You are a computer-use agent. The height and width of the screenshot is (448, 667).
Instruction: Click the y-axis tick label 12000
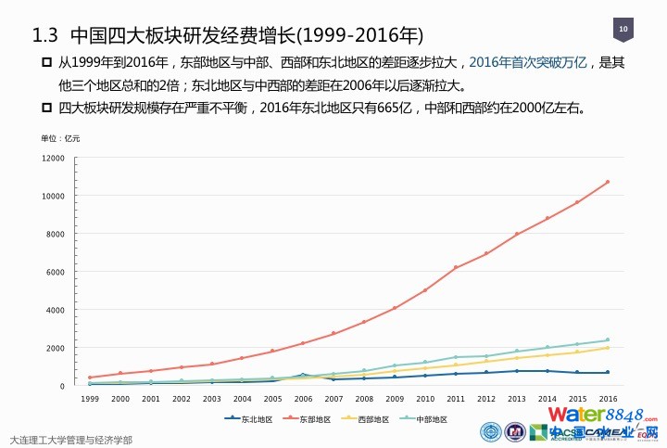tap(53, 159)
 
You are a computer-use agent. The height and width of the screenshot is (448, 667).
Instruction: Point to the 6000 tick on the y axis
tap(56, 273)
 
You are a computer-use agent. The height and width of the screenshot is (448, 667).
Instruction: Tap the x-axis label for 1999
tap(90, 398)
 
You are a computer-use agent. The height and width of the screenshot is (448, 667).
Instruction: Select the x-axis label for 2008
tap(364, 398)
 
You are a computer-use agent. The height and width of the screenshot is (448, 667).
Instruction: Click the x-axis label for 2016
tap(608, 398)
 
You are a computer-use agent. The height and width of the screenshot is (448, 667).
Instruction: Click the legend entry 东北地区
tap(250, 419)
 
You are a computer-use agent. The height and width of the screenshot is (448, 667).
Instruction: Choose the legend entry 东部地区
tap(309, 419)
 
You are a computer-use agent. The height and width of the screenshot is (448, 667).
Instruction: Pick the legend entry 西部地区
tap(370, 419)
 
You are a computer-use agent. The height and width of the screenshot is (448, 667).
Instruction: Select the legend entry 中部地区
tap(429, 419)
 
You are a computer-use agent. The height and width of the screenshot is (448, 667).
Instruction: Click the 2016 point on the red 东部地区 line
tap(608, 182)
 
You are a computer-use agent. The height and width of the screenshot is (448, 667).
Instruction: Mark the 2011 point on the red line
tap(455, 267)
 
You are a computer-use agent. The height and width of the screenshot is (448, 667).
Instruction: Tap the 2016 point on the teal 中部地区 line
tap(608, 339)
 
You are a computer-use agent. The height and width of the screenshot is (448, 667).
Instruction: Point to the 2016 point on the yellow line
tap(608, 348)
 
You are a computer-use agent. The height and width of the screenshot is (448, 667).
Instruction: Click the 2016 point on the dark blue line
tap(608, 373)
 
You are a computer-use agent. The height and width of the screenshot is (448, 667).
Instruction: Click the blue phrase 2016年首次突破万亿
tap(528, 63)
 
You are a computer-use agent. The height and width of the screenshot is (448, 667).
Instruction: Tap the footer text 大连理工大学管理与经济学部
tap(70, 439)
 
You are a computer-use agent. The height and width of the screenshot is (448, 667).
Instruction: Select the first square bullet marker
tap(45, 63)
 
